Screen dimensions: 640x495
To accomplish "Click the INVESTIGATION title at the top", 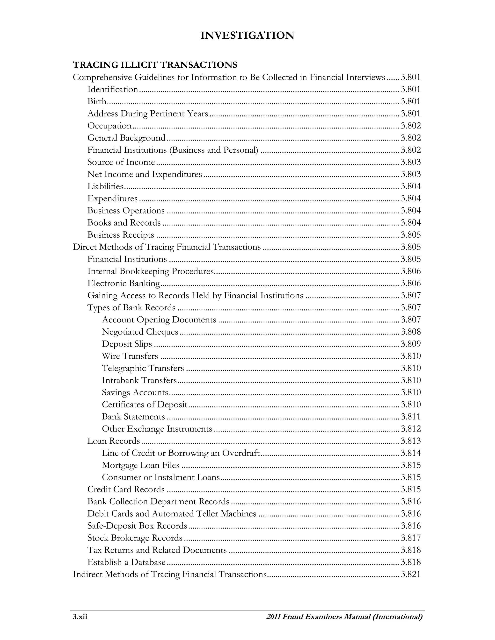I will click(x=247, y=36).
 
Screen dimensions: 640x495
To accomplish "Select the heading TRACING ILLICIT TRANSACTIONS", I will click(x=155, y=65).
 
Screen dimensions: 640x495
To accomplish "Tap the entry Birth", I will click(x=97, y=101).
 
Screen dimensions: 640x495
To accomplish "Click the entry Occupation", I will click(x=109, y=126).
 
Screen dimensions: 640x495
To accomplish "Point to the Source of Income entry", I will click(x=121, y=162).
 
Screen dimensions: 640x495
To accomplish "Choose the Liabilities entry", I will click(x=105, y=186).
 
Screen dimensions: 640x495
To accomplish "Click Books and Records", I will click(x=124, y=223).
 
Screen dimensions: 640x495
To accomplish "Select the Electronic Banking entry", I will click(x=124, y=283).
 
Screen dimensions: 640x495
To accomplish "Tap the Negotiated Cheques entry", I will click(x=140, y=332).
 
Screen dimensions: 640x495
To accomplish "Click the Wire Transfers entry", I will click(x=130, y=356).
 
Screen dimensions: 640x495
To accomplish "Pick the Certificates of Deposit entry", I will click(x=144, y=404).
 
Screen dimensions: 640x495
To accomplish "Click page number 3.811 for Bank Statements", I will click(x=411, y=417).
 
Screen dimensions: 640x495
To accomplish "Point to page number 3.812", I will click(x=411, y=429).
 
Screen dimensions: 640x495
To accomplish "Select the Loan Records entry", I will click(x=114, y=441).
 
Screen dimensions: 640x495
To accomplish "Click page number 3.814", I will click(x=411, y=453).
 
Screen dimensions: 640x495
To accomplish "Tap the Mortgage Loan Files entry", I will click(x=140, y=465).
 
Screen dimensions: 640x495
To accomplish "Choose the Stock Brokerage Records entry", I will click(x=135, y=538).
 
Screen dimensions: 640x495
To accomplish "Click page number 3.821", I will click(x=411, y=574).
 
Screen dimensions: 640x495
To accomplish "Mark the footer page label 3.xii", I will click(x=80, y=617).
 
